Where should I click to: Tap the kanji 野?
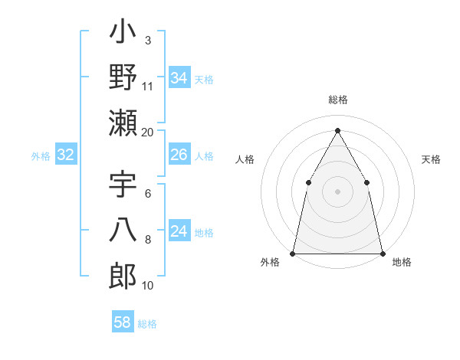click(123, 77)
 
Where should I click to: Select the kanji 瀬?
click(123, 123)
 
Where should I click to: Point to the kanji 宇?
click(123, 186)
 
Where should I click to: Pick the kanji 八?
click(123, 232)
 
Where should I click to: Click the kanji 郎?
click(123, 277)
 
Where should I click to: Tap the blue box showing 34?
click(179, 78)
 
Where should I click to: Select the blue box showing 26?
click(179, 155)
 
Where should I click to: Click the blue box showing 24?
click(179, 232)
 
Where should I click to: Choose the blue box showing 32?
click(65, 155)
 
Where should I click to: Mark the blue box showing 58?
click(123, 322)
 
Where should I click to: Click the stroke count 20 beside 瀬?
click(148, 132)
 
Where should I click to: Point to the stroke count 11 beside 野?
click(148, 86)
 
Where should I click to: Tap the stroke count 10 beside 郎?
click(148, 285)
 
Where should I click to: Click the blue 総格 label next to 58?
click(147, 324)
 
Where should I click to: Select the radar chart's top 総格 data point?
click(337, 130)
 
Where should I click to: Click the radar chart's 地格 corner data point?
click(382, 253)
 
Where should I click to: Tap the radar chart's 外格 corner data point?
click(293, 253)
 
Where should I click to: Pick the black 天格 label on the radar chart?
click(431, 160)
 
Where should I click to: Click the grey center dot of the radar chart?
click(337, 191)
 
